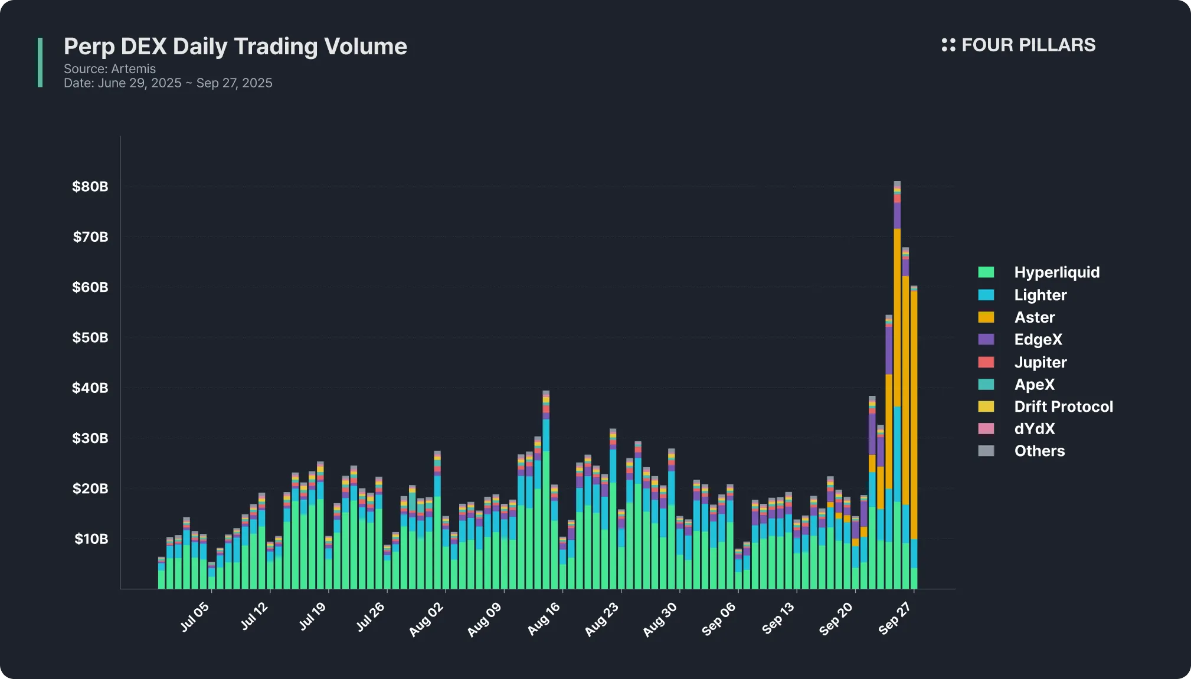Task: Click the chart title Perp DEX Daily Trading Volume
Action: [x=235, y=47]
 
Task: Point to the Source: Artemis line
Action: [x=110, y=69]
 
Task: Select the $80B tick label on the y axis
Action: [x=90, y=187]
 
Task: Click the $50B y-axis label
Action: [x=90, y=338]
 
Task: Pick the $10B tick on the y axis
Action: [x=91, y=539]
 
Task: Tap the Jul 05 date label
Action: [x=195, y=617]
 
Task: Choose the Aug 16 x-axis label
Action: [x=544, y=619]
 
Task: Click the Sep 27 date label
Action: [x=895, y=619]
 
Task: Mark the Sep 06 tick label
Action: [x=719, y=619]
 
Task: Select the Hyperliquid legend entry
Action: [x=1056, y=273]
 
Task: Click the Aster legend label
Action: [x=1034, y=317]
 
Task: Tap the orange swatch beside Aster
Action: [x=986, y=317]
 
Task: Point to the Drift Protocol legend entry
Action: [x=1063, y=406]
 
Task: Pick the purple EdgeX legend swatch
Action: [x=986, y=340]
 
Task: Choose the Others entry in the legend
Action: [x=1039, y=451]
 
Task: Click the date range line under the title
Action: [x=168, y=83]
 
